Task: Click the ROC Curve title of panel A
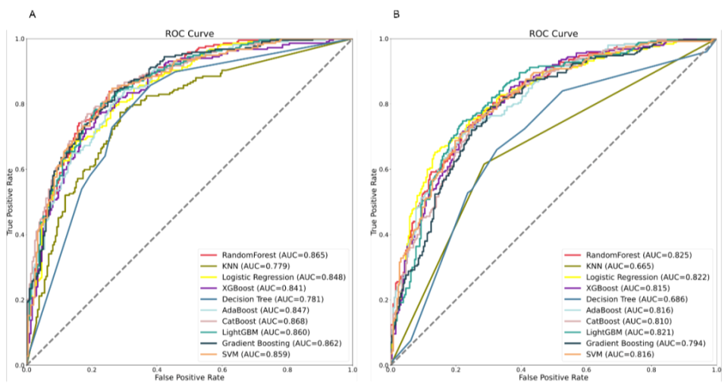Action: point(190,33)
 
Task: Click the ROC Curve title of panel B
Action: point(553,33)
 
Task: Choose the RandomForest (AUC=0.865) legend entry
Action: point(275,253)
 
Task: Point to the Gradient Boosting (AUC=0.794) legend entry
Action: point(645,342)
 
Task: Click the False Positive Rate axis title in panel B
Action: point(553,376)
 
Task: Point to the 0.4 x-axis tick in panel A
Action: point(157,370)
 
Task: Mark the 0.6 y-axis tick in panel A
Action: point(19,169)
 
